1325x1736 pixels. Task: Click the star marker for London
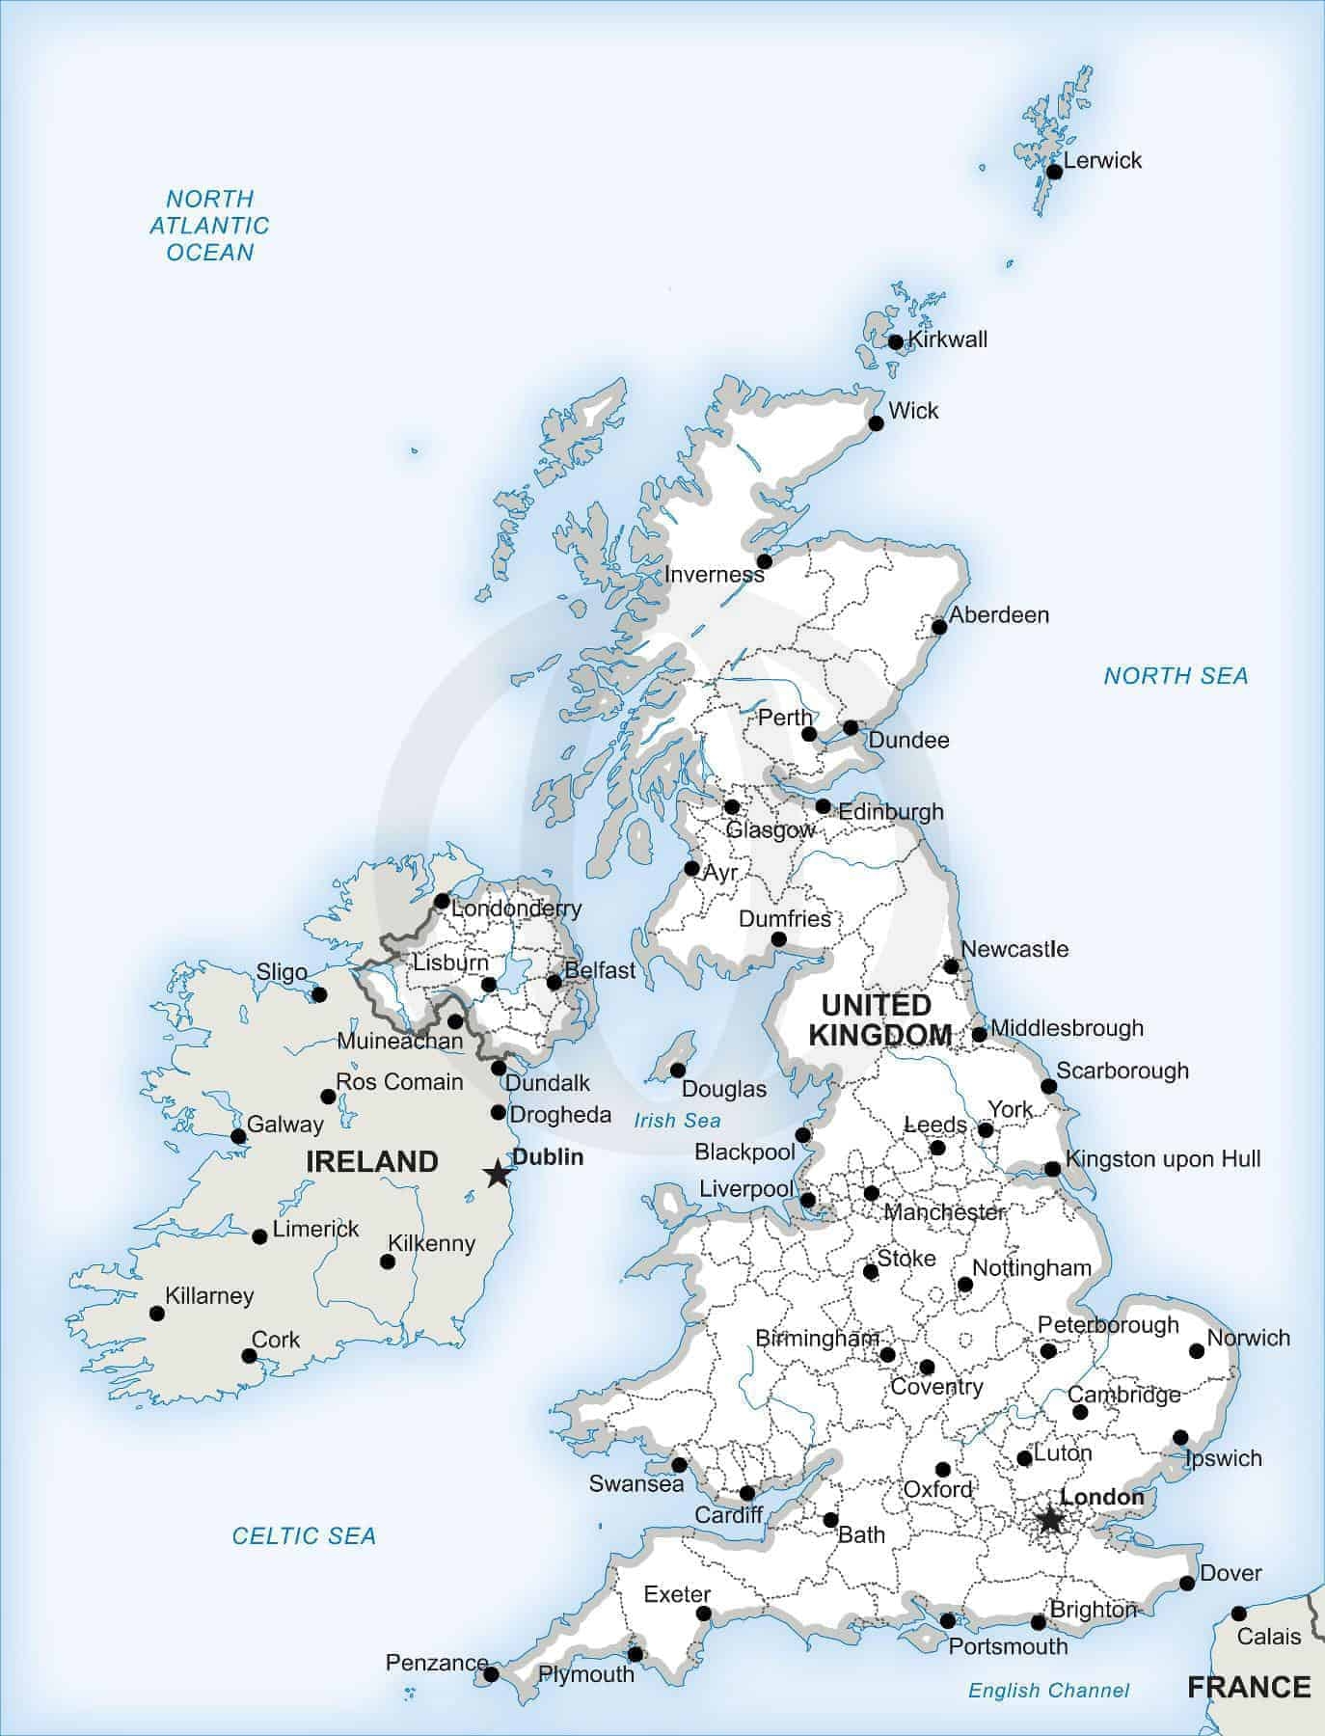click(x=1049, y=1520)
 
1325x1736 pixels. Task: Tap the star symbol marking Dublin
click(x=497, y=1175)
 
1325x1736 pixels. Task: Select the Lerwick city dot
click(x=1054, y=172)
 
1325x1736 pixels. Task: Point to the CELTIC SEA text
click(x=304, y=1535)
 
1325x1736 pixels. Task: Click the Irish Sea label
click(x=677, y=1121)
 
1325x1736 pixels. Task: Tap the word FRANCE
click(x=1249, y=1687)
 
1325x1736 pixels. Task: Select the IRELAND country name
click(x=371, y=1161)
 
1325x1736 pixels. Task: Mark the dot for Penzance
click(x=490, y=1674)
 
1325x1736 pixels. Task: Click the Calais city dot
click(x=1238, y=1614)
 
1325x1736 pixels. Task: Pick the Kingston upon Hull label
click(x=1163, y=1158)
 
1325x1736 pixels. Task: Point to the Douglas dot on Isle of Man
click(x=678, y=1071)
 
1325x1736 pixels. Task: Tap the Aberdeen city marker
click(x=939, y=627)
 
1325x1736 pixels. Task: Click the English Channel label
click(x=1048, y=1690)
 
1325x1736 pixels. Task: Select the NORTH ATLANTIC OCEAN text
click(x=209, y=226)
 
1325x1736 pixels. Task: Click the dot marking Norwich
click(x=1197, y=1351)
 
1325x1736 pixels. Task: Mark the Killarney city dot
click(x=156, y=1313)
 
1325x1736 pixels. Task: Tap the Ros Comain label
click(x=399, y=1082)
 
